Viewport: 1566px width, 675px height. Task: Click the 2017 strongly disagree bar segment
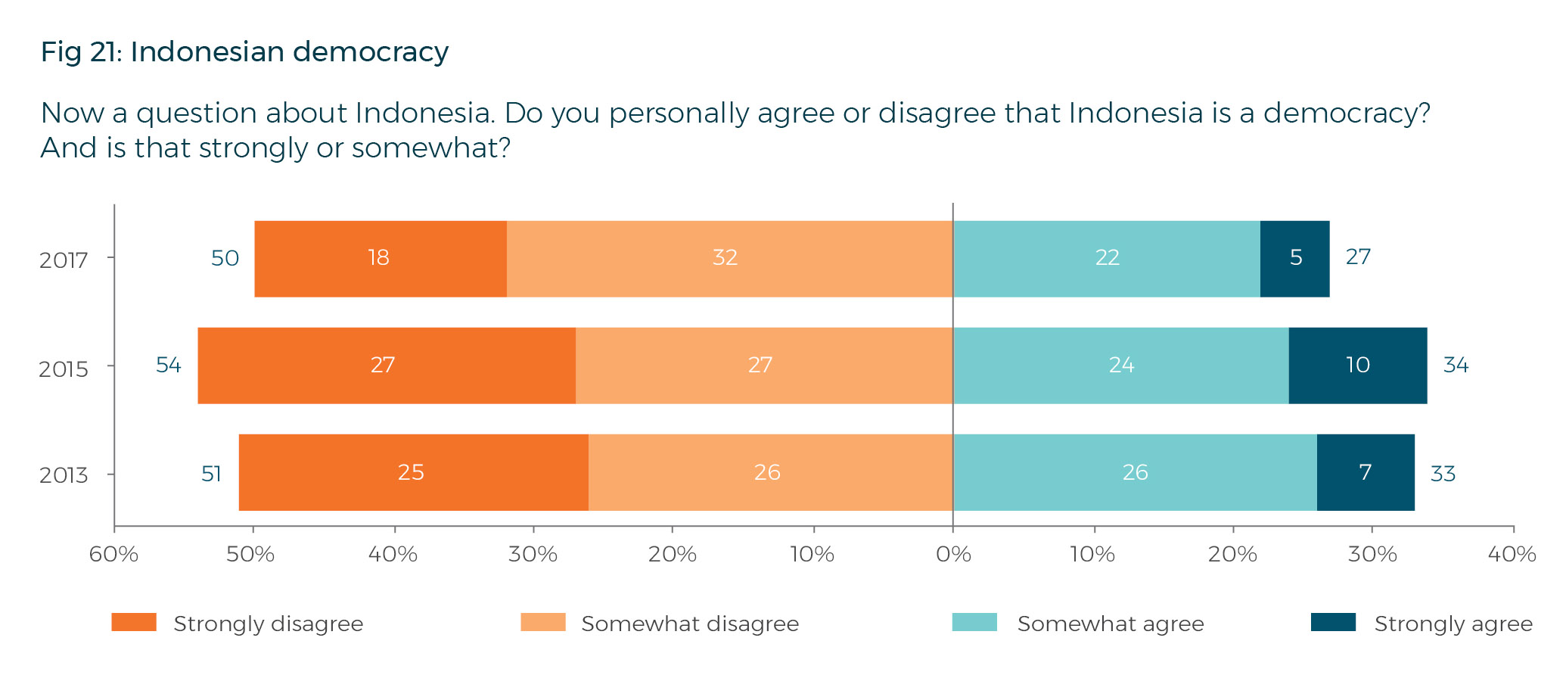[380, 258]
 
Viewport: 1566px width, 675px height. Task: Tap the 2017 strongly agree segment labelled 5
[1294, 258]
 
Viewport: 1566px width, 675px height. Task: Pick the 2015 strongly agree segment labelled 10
[1357, 365]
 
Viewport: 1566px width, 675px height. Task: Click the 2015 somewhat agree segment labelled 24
[1120, 365]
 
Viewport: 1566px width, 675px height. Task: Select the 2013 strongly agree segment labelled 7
[1365, 472]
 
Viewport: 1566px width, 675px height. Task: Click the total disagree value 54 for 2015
[168, 365]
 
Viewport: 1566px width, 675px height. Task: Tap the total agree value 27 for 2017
[1358, 257]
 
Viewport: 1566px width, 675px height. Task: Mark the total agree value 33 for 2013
[1443, 474]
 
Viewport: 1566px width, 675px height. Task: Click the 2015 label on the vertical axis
[64, 369]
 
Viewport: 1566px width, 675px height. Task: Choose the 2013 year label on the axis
[64, 475]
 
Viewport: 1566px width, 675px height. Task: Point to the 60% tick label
[113, 555]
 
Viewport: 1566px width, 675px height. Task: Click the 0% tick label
[953, 555]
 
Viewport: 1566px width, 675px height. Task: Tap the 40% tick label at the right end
[1512, 555]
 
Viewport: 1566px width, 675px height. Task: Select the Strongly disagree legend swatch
[134, 623]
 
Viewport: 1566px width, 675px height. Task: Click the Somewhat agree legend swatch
[974, 623]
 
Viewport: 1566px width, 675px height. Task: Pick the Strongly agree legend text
[1453, 624]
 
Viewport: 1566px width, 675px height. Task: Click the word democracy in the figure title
[371, 52]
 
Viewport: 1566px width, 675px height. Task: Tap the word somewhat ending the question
[430, 148]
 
